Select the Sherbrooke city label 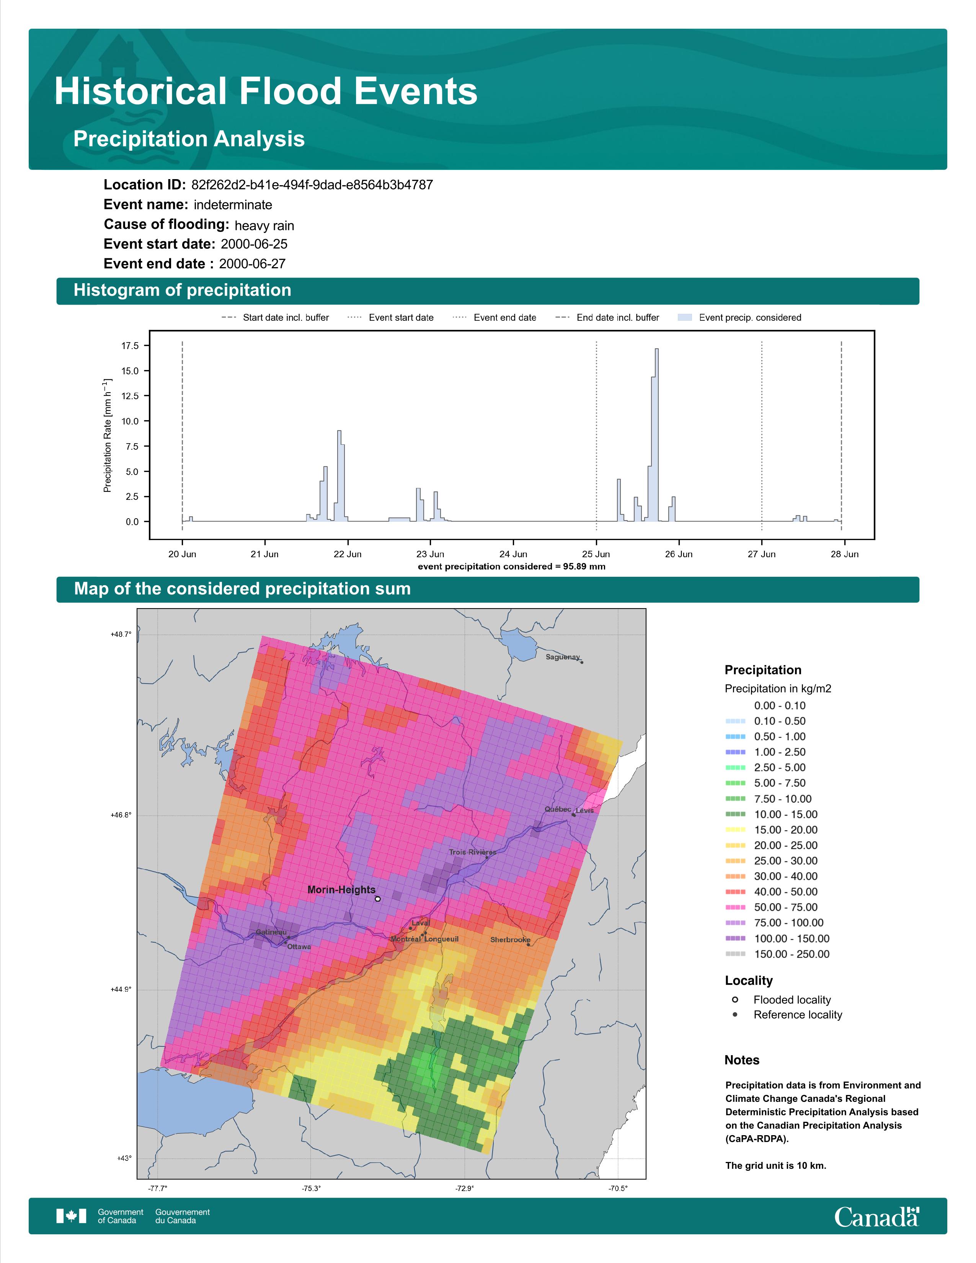pos(510,940)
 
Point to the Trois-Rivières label pos(472,852)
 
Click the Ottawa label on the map pos(299,946)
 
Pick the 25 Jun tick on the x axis pos(596,554)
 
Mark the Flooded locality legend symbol pos(735,999)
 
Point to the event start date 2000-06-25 pos(254,244)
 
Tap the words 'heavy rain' pos(264,225)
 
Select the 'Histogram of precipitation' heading pos(182,290)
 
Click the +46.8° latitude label pos(121,815)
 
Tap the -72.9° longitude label pos(464,1188)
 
